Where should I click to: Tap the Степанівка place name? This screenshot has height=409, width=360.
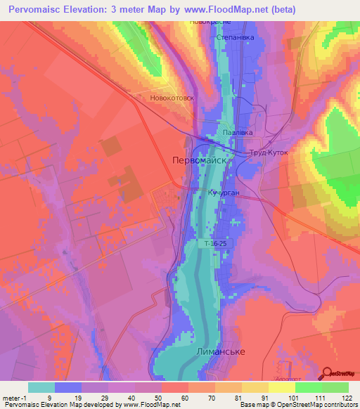coord(234,37)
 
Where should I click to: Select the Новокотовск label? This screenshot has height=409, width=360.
coord(172,99)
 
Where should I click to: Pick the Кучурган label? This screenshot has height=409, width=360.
coord(224,191)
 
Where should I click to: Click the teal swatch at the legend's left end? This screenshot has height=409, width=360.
coord(41,387)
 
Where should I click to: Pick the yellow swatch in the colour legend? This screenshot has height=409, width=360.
coord(282,387)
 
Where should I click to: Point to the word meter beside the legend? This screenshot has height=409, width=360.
coord(12,397)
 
